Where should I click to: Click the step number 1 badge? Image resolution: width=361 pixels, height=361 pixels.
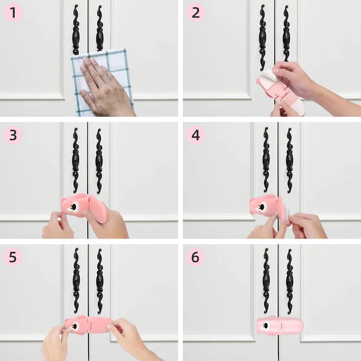click(x=13, y=13)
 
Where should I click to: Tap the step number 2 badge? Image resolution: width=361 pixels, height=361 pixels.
click(x=195, y=13)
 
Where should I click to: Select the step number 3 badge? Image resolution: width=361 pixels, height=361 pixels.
click(x=13, y=135)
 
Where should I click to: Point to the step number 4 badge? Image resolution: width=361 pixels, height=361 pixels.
click(x=195, y=135)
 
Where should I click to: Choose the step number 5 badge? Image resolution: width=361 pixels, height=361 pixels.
click(x=13, y=257)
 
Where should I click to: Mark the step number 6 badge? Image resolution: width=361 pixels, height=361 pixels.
click(x=195, y=257)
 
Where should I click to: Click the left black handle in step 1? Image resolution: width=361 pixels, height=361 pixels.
click(x=76, y=30)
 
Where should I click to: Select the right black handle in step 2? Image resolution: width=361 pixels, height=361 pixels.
click(x=286, y=33)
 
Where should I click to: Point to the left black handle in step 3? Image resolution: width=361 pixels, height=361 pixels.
click(x=76, y=160)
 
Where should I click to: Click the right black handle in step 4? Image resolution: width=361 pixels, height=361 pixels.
click(x=289, y=160)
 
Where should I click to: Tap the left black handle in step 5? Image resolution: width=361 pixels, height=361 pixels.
click(x=76, y=280)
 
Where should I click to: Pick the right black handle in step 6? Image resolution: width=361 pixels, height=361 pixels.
click(x=289, y=281)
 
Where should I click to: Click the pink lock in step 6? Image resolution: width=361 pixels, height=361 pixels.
click(x=279, y=326)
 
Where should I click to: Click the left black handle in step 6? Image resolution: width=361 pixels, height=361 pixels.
click(x=266, y=280)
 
